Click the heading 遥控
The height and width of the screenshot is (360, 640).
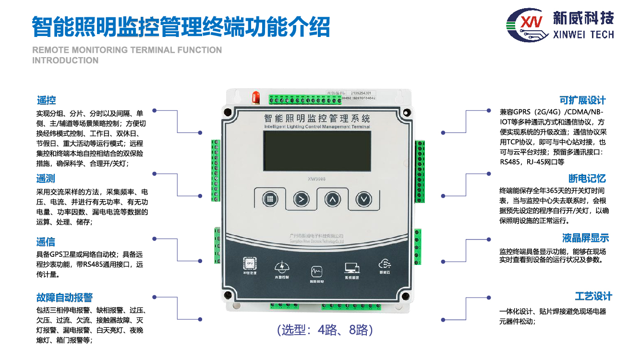tap(47, 100)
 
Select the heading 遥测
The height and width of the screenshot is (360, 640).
tap(46, 179)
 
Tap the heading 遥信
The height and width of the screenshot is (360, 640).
tap(46, 242)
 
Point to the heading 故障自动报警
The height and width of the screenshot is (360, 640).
tap(64, 298)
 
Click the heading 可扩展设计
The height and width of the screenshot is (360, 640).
tap(582, 100)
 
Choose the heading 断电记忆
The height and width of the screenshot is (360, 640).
tap(587, 179)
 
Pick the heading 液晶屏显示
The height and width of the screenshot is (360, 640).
tap(585, 238)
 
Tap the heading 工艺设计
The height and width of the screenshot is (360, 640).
tap(593, 296)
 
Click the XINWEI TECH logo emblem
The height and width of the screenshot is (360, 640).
tap(527, 24)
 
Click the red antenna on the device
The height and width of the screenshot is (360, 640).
tap(257, 96)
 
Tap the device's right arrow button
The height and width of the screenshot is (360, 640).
tap(301, 199)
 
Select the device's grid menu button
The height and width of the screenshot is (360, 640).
tap(270, 199)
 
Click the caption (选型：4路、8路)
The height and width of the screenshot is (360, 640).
tap(325, 330)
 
